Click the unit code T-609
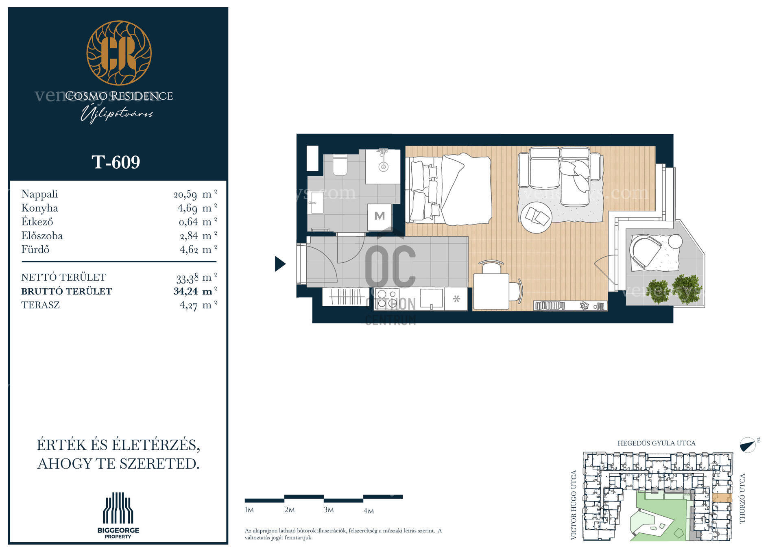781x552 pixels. pos(116,162)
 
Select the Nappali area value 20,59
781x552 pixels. pos(185,194)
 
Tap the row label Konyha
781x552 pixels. pos(39,208)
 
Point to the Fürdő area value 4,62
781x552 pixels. pos(189,249)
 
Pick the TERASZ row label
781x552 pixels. pos(40,305)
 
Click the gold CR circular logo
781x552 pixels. pos(119,53)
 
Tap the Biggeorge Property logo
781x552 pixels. pos(118,515)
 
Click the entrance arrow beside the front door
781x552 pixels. pos(280,264)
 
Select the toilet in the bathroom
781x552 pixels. pos(340,165)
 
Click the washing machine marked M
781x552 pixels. pos(380,216)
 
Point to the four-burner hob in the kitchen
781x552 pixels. pos(387,299)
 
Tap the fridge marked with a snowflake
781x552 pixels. pos(456,299)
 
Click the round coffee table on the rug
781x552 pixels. pos(537,218)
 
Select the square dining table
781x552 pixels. pos(491,292)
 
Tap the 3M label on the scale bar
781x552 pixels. pos(329,510)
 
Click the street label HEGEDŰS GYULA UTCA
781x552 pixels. pos(657,443)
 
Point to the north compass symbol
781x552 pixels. pos(748,445)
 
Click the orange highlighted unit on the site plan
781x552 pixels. pos(722,498)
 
